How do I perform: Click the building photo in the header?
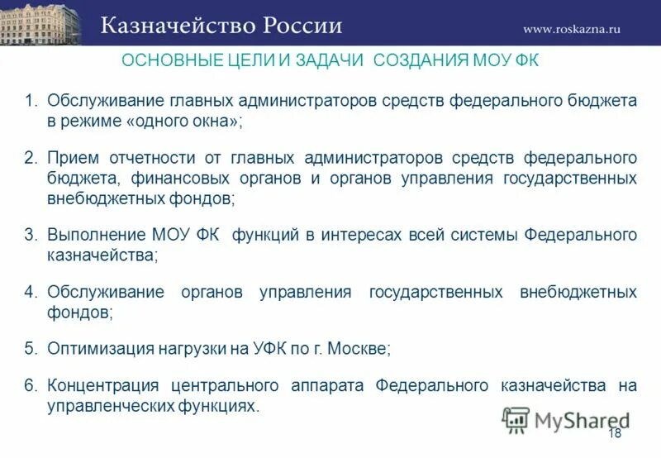click(40, 23)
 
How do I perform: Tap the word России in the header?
click(303, 26)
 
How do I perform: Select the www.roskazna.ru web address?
click(571, 29)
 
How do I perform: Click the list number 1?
click(31, 101)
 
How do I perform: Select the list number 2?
click(31, 157)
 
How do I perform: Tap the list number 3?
click(31, 236)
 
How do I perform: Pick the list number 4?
click(31, 292)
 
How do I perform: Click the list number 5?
click(31, 348)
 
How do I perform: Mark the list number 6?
click(31, 386)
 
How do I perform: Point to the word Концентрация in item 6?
click(104, 386)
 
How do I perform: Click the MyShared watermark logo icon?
click(516, 420)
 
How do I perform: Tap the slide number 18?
click(614, 435)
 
